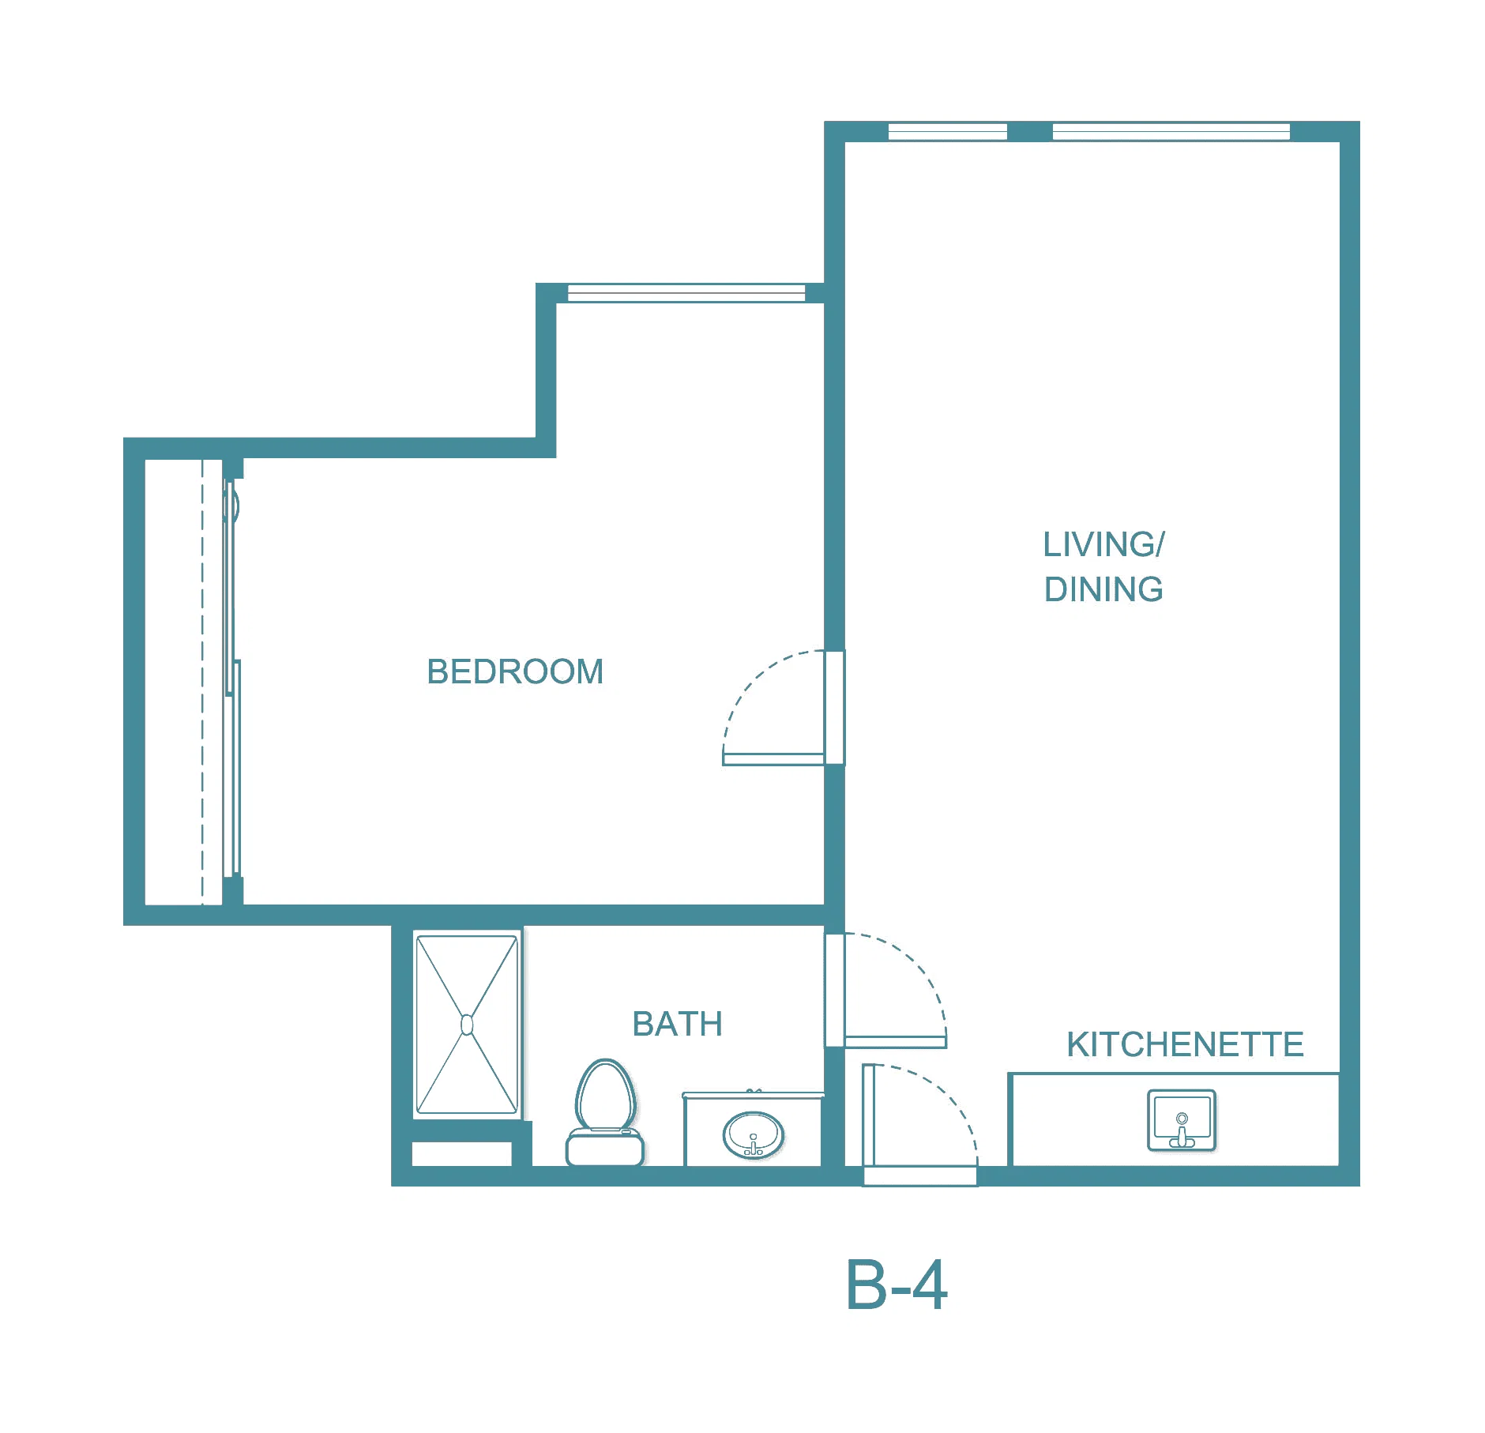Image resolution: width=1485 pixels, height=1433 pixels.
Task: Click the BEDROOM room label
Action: [x=515, y=672]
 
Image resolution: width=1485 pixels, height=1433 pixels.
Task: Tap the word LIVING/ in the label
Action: [x=1103, y=544]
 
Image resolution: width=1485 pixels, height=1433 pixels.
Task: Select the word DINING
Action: [x=1103, y=589]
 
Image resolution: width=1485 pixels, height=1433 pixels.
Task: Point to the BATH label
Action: [x=677, y=1025]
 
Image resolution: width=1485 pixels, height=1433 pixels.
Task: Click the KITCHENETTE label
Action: [x=1185, y=1045]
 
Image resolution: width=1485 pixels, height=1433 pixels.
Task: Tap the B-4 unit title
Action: [x=897, y=1286]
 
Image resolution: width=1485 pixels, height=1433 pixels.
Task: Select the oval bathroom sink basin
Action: [x=754, y=1135]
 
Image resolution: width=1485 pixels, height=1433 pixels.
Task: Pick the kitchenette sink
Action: [x=1182, y=1121]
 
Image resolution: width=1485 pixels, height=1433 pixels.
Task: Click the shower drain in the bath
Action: [x=467, y=1025]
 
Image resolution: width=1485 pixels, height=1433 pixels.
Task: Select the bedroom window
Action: [x=686, y=293]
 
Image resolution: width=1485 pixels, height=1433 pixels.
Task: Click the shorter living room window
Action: [x=948, y=132]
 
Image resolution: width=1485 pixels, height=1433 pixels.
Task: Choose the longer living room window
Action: [x=1171, y=132]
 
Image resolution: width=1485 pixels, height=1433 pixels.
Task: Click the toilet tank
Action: [x=605, y=1149]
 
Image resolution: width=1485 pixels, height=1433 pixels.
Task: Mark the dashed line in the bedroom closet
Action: [x=202, y=682]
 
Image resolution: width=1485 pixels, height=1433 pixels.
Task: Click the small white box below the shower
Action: [x=462, y=1154]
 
